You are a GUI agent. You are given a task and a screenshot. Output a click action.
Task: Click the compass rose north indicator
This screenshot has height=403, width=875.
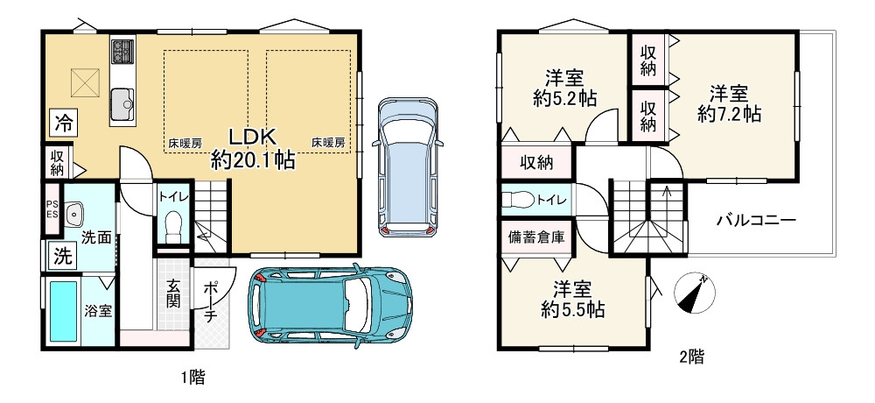(695, 293)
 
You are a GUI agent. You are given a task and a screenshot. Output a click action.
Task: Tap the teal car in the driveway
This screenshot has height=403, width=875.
(331, 305)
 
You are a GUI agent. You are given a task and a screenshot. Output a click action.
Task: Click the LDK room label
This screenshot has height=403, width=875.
(253, 137)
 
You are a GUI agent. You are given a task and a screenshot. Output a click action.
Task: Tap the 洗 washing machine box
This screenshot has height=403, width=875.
(62, 256)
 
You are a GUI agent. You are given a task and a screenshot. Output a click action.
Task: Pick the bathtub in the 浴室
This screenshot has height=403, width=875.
(64, 312)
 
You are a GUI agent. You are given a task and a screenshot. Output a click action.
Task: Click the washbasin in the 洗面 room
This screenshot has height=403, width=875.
(73, 213)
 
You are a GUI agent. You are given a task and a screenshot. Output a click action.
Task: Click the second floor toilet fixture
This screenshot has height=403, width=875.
(517, 200)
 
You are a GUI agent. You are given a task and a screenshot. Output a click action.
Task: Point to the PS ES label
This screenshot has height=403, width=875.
(52, 208)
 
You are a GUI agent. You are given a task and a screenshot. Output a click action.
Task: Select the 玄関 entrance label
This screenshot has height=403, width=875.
(172, 295)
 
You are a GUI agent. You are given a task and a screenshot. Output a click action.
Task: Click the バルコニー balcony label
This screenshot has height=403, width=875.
(756, 220)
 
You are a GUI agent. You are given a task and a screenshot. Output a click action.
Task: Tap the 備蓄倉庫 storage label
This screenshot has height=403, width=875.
(535, 237)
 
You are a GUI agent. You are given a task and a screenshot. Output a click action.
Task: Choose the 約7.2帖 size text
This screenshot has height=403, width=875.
(730, 115)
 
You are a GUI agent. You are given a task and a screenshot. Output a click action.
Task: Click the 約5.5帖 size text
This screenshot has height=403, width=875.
(572, 309)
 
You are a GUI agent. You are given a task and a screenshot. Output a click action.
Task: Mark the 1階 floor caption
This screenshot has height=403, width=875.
(193, 378)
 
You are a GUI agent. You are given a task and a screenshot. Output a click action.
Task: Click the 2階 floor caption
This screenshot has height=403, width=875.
(692, 357)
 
